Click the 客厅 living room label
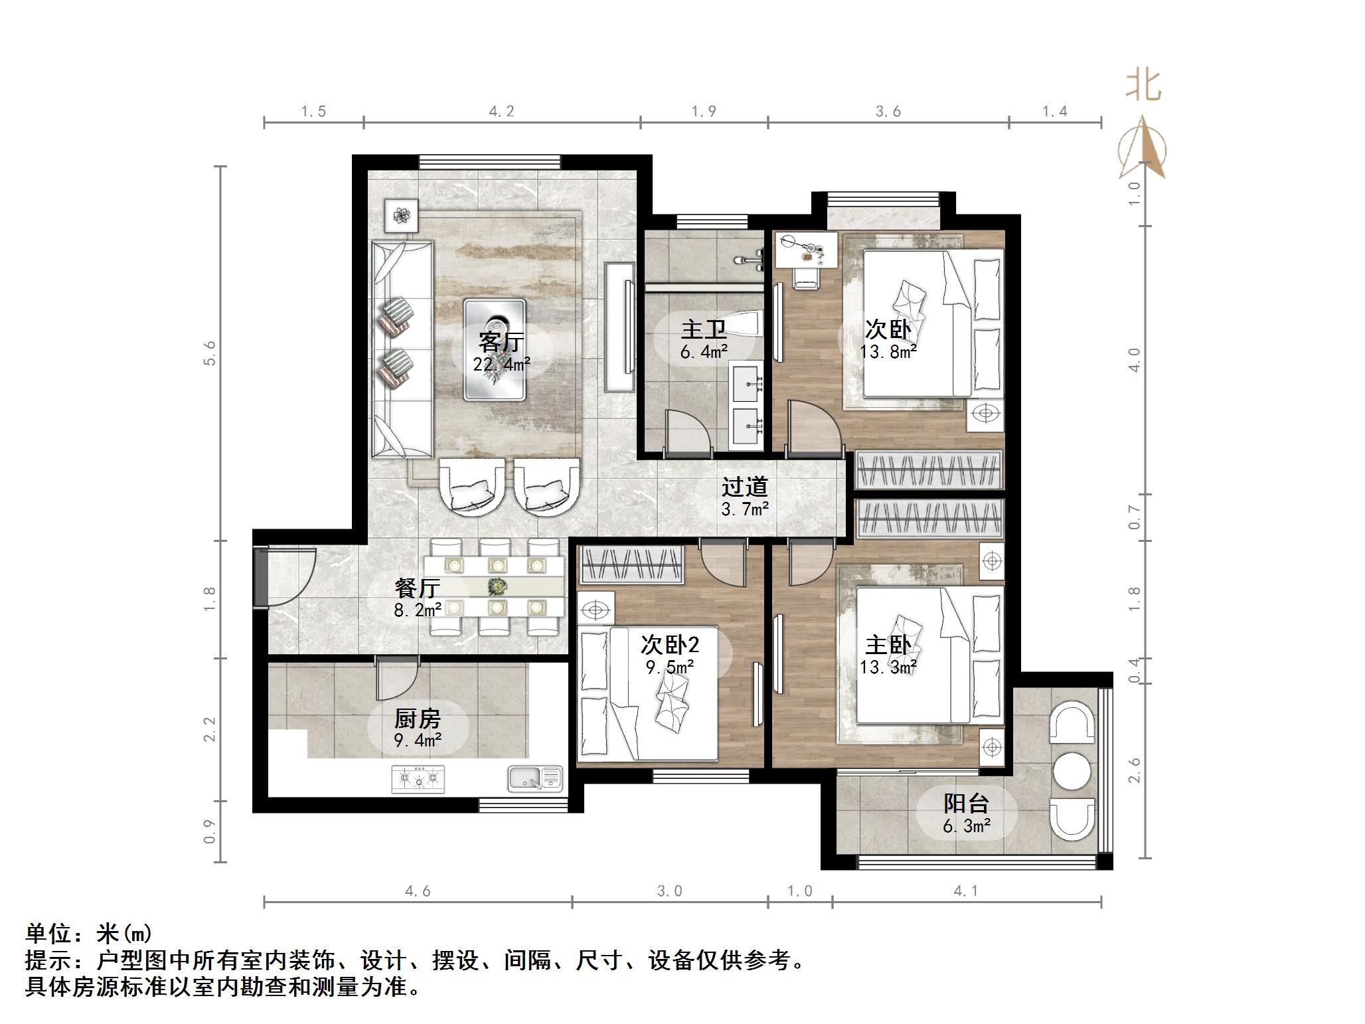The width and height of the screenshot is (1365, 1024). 502,341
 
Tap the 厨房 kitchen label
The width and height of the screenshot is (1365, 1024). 418,718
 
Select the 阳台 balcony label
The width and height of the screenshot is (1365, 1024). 967,804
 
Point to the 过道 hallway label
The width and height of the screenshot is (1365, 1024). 745,487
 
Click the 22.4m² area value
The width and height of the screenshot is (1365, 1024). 502,364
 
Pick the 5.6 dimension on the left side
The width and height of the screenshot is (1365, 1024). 210,353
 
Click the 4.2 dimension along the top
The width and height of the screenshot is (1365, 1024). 501,111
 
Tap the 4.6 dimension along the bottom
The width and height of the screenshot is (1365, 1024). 418,891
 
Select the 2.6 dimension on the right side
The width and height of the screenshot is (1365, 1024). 1134,770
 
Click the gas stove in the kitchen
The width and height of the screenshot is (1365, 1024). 418,779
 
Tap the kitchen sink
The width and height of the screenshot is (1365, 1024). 535,779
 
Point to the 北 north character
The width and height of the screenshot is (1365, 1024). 1143,86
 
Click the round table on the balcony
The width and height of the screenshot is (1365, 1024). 1072,771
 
